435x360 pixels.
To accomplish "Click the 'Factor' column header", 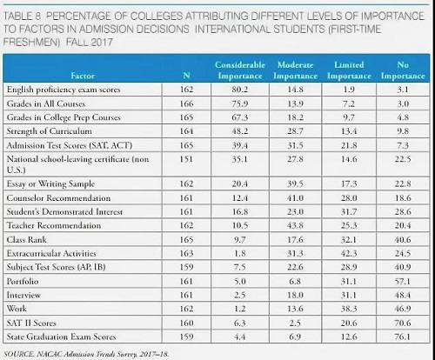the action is point(83,76).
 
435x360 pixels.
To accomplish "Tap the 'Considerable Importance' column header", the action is point(240,70).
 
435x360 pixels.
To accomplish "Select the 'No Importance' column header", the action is point(403,70).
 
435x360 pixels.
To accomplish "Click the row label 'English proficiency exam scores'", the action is point(64,90).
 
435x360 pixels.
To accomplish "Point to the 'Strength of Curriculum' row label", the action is point(50,131).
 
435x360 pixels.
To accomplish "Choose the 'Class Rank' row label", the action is point(27,240).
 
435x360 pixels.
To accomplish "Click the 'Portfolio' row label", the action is point(23,282).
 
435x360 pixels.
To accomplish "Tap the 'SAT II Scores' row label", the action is point(31,323).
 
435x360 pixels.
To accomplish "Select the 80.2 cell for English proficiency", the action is point(240,90).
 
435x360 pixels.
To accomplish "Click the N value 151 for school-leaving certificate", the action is point(186,159).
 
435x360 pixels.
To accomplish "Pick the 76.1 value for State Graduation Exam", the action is point(403,337).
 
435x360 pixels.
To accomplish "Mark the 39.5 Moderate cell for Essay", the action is point(295,183).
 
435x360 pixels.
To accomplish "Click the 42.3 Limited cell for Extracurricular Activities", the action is point(349,253).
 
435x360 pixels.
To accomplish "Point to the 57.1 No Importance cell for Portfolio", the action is point(403,282).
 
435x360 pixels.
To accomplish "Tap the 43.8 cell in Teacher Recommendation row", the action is point(295,225).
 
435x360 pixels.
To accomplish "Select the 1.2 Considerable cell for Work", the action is point(240,309).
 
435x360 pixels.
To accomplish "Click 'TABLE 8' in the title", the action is point(23,17).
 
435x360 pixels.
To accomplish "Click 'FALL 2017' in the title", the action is point(90,43).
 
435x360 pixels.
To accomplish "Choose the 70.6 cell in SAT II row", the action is point(403,323).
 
